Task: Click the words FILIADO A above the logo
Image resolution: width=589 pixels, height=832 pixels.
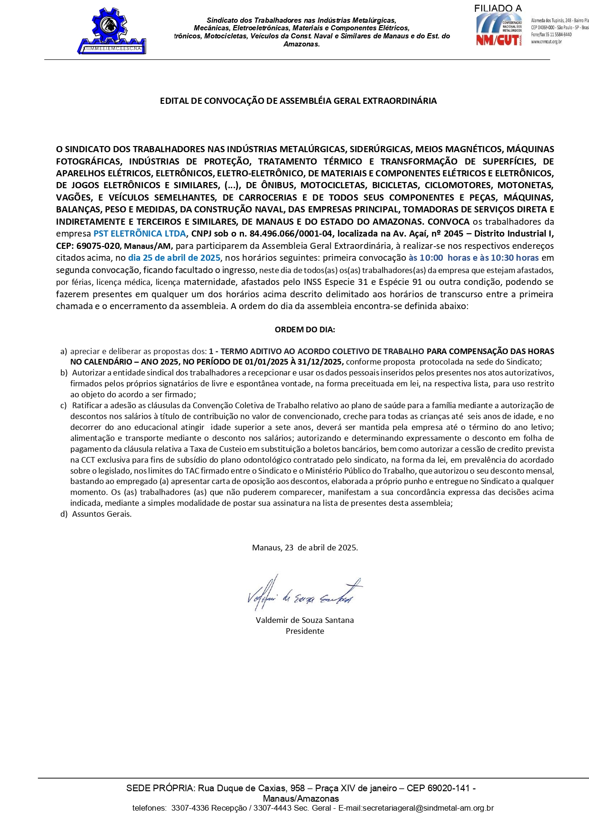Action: pos(497,9)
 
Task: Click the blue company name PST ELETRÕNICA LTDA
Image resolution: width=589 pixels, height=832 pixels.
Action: pos(140,234)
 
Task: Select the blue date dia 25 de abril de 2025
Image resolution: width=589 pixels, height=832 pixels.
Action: pos(174,258)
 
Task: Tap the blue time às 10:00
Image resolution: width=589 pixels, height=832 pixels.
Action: pos(426,258)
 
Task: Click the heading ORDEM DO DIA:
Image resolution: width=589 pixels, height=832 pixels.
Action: pos(305,329)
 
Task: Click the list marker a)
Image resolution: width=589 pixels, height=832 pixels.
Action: pos(64,351)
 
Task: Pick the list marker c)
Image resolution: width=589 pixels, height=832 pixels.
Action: pos(64,405)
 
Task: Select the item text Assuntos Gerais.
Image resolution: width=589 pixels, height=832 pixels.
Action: pos(102,514)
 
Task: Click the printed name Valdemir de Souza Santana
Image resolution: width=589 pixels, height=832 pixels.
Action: pos(305,620)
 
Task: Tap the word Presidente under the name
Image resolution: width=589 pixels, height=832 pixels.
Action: pos(305,631)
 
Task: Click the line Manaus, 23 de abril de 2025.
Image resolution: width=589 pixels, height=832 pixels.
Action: pos(305,548)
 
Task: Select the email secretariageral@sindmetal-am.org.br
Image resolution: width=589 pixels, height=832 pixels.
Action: pos(428,808)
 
